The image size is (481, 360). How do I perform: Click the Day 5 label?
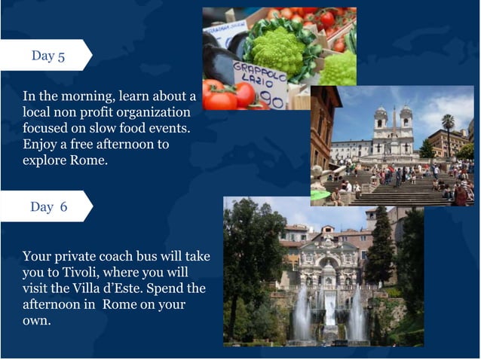[47, 56]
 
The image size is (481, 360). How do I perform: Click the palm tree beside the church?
[449, 128]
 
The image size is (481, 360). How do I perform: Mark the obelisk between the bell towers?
[394, 124]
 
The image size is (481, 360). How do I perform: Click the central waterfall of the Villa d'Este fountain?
[330, 309]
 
